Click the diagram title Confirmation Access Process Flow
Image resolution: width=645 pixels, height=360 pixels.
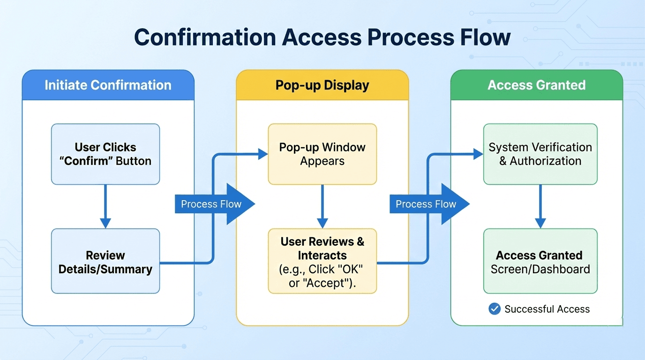322,37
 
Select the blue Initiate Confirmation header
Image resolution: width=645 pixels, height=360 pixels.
108,85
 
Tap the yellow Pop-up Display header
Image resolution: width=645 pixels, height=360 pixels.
322,85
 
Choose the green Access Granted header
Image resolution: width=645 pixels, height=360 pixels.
536,85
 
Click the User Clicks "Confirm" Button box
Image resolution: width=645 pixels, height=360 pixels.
105,154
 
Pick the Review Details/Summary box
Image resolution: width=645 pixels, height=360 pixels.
105,262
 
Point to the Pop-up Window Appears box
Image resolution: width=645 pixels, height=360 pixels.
322,154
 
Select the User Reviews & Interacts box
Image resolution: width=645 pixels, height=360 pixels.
322,262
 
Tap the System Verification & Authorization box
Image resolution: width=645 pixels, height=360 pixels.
540,154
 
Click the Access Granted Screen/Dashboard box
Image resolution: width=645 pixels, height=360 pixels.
540,262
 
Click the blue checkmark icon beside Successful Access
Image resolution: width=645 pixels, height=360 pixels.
494,309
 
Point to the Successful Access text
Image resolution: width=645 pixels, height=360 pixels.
547,309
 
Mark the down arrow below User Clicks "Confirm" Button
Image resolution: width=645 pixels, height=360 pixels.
105,206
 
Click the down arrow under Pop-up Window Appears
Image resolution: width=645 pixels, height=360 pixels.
322,206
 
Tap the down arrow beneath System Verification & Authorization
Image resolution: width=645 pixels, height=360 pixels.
540,206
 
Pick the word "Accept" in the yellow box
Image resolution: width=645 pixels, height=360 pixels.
338,284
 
